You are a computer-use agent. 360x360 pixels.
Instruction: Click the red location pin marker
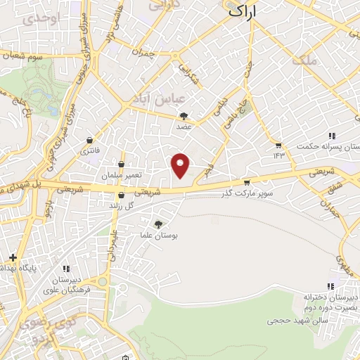(x=181, y=165)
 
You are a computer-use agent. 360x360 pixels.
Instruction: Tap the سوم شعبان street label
(x=26, y=55)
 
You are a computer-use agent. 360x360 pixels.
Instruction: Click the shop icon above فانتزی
(x=89, y=139)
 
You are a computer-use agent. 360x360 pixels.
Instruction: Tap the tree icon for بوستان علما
(x=157, y=224)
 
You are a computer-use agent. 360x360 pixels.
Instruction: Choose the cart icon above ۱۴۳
(x=278, y=145)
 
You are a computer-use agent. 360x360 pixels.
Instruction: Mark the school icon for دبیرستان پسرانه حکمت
(x=330, y=136)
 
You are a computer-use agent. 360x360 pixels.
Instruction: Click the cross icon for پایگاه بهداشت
(x=12, y=257)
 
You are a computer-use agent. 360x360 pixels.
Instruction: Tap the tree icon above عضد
(x=184, y=117)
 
